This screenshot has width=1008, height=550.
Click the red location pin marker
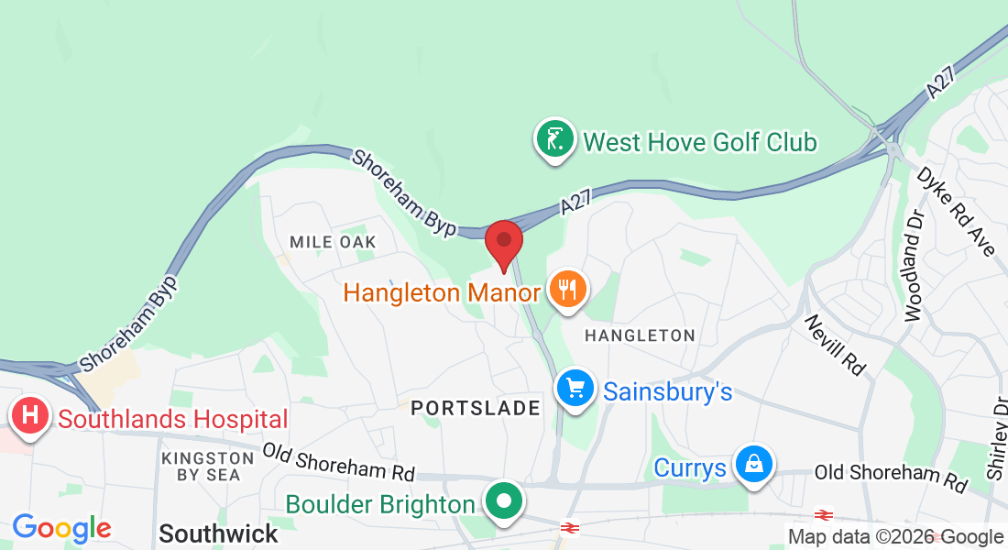tap(503, 241)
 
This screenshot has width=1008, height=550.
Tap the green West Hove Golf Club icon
tap(554, 140)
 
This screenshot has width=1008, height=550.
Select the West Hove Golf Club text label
tap(700, 143)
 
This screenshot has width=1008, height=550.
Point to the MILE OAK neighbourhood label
tap(333, 242)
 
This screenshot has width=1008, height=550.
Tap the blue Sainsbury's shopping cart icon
tap(575, 390)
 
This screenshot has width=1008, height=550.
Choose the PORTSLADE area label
tap(476, 409)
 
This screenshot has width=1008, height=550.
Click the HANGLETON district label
tap(640, 335)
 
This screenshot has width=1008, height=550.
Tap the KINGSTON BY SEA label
tap(200, 466)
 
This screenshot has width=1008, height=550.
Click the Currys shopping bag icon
tap(752, 465)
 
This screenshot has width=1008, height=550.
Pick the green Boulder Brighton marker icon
tap(504, 501)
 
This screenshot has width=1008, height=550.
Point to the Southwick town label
tap(218, 533)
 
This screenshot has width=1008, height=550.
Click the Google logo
tap(61, 528)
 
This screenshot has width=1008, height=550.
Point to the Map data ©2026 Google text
tap(896, 537)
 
